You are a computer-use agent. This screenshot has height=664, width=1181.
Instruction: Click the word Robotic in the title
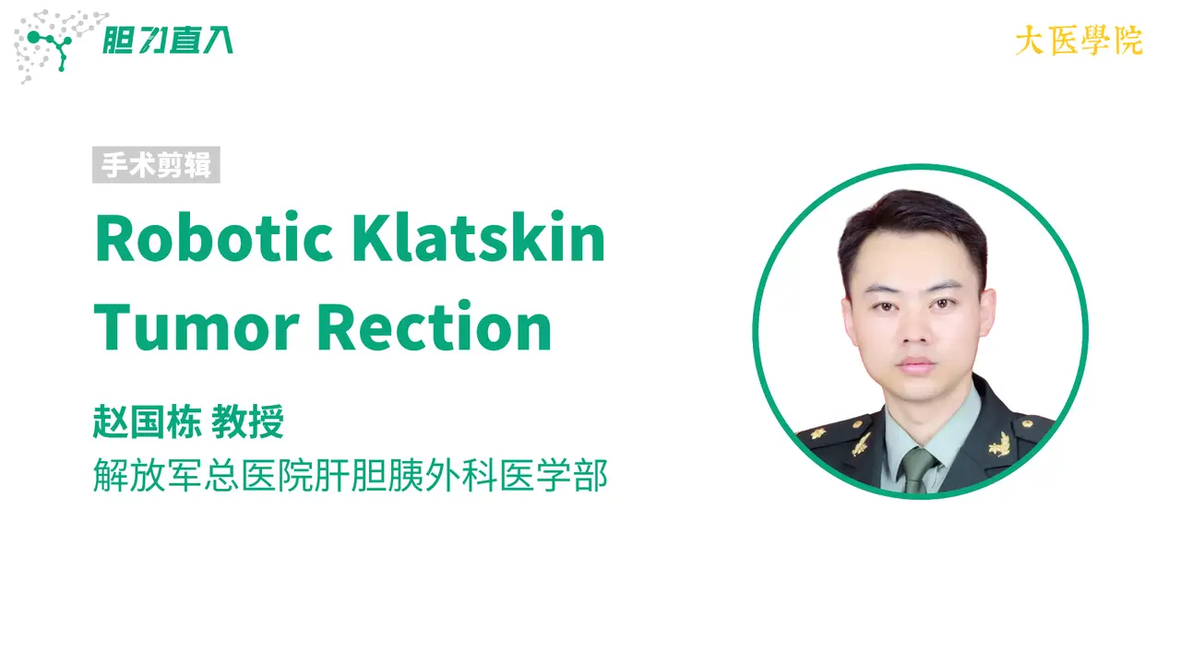click(x=213, y=238)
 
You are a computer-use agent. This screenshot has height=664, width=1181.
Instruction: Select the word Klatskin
click(x=478, y=237)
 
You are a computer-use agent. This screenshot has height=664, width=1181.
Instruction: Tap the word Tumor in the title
click(x=197, y=327)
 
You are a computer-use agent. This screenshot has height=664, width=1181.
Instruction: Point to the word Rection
click(x=434, y=326)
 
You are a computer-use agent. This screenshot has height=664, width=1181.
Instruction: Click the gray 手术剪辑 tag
click(x=156, y=165)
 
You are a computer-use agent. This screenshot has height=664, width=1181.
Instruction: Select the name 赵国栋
click(x=148, y=421)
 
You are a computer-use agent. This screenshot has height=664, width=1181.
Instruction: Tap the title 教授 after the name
click(x=248, y=421)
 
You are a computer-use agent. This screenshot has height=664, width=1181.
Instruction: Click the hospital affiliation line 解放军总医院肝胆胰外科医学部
click(x=351, y=475)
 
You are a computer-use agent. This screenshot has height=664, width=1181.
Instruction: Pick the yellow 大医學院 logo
click(x=1079, y=41)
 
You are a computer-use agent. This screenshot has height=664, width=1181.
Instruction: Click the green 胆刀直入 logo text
click(x=168, y=41)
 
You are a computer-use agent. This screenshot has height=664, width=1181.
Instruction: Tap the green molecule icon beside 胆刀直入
click(x=51, y=49)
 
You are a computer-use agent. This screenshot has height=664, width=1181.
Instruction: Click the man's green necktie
click(x=918, y=470)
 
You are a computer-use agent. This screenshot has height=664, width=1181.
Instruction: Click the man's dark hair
click(x=913, y=231)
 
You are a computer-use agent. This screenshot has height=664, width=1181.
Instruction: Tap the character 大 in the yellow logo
click(x=1030, y=41)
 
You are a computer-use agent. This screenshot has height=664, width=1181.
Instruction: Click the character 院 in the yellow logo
click(x=1128, y=41)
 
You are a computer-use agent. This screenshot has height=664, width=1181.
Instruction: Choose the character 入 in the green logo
click(x=217, y=41)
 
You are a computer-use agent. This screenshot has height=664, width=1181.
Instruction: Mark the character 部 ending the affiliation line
click(x=590, y=475)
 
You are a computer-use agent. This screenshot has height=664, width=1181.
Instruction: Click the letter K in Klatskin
click(x=374, y=238)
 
